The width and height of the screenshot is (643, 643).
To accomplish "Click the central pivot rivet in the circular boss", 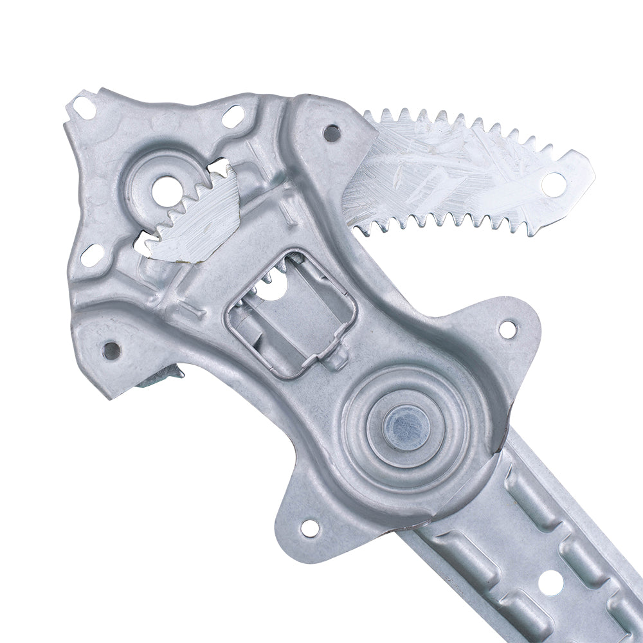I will point(406,426).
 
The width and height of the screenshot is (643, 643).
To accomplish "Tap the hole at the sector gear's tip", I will point(553,183).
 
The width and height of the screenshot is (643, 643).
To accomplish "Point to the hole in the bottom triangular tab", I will point(309,529).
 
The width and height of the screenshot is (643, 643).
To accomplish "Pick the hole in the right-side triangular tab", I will point(507,329).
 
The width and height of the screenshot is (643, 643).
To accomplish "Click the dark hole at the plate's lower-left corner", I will point(111,350).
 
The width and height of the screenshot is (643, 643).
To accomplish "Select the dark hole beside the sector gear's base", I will point(331,134).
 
